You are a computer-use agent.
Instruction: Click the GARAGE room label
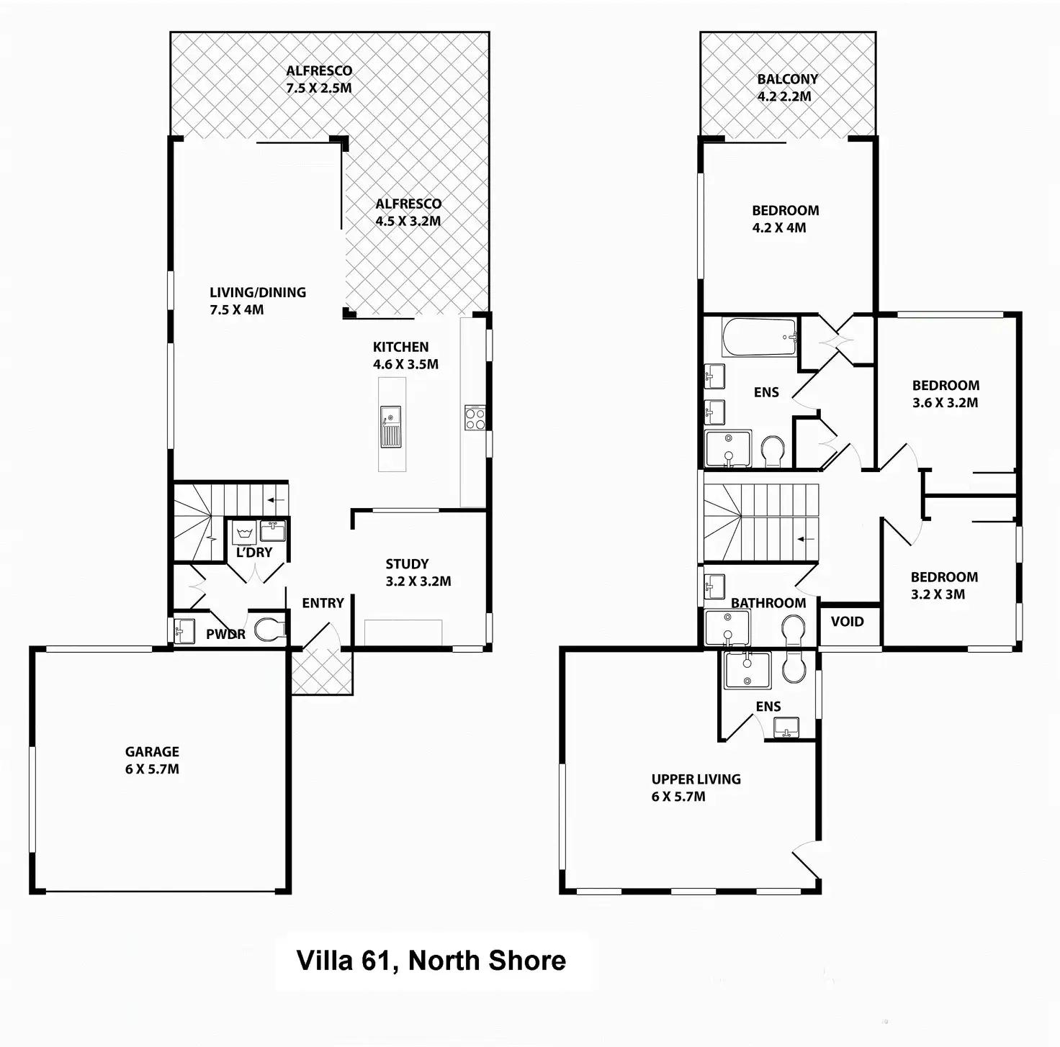[x=152, y=752]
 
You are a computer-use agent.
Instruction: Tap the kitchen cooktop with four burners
[x=475, y=417]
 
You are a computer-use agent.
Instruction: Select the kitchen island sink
[x=390, y=427]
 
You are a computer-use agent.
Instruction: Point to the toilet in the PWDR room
[x=269, y=630]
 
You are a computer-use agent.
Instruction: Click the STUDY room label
[x=407, y=564]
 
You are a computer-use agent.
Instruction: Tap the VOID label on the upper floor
[x=847, y=622]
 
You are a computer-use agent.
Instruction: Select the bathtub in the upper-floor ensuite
[x=760, y=337]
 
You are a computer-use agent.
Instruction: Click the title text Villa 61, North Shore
[x=431, y=961]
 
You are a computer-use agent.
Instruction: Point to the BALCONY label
[x=787, y=79]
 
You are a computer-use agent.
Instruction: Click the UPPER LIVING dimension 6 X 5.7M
[x=678, y=797]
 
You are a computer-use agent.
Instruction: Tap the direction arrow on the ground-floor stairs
[x=276, y=499]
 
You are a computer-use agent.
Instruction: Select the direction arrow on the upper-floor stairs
[x=807, y=538]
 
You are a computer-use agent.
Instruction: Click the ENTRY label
[x=323, y=603]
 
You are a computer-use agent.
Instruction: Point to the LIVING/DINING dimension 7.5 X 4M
[x=237, y=310]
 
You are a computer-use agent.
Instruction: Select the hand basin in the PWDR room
[x=184, y=631]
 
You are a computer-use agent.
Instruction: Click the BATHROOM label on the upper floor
[x=768, y=603]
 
